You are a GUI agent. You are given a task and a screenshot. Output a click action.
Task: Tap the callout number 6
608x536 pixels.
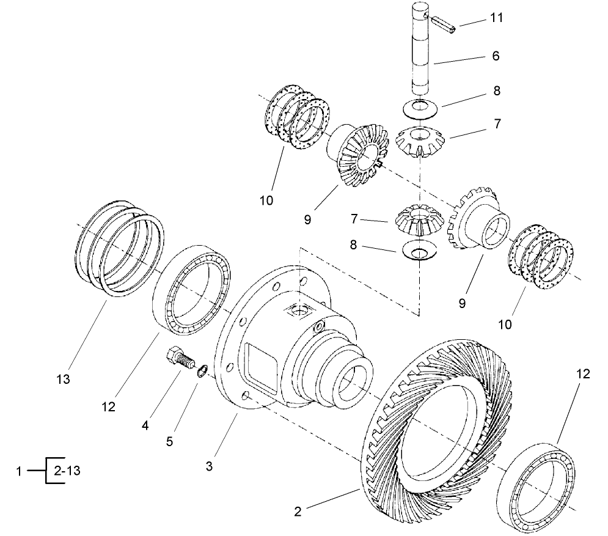[496, 56]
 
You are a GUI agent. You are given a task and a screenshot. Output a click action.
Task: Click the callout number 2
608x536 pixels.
[298, 512]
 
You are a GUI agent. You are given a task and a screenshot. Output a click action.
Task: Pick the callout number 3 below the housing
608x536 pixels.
[210, 466]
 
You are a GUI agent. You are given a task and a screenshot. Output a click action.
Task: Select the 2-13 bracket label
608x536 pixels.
[67, 471]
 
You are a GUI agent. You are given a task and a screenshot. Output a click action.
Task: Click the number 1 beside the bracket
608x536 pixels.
[20, 471]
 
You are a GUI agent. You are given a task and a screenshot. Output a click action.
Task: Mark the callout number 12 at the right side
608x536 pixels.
[583, 374]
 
